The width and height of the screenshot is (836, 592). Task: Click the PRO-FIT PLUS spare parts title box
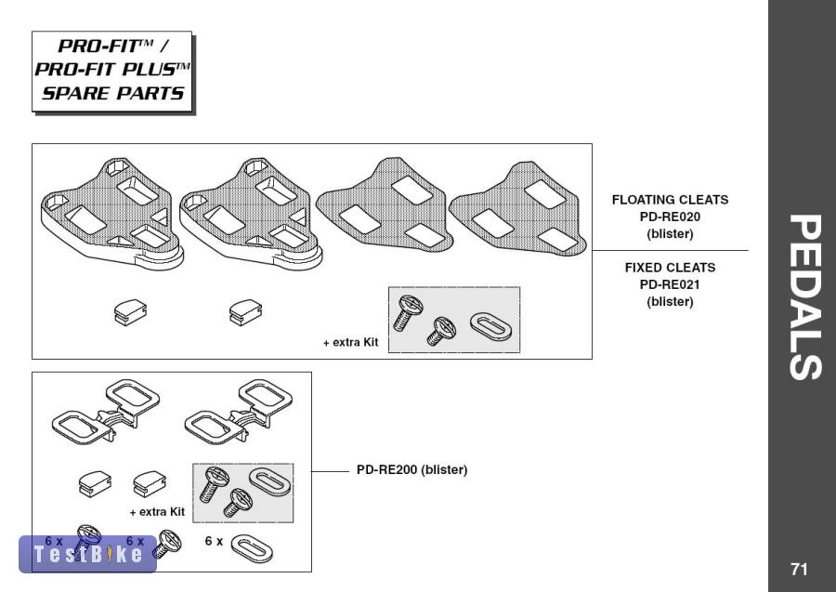[x=111, y=71]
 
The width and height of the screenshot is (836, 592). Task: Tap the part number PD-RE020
[x=669, y=217]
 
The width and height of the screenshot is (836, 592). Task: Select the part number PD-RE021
[x=669, y=284]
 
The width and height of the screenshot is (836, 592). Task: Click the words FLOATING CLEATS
[x=669, y=200]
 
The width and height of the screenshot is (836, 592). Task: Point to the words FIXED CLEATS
[x=669, y=268]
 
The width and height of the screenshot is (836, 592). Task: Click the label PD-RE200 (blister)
[x=411, y=470]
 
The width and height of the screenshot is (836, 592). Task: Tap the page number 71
[x=799, y=569]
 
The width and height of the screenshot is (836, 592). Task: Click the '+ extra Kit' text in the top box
[x=350, y=343]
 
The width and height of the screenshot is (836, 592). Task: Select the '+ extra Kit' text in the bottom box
[x=157, y=512]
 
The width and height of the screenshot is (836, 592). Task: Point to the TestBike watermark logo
[x=87, y=554]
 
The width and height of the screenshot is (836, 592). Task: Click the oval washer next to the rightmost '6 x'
[x=251, y=549]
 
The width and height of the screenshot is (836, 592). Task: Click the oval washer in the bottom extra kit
[x=270, y=483]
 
